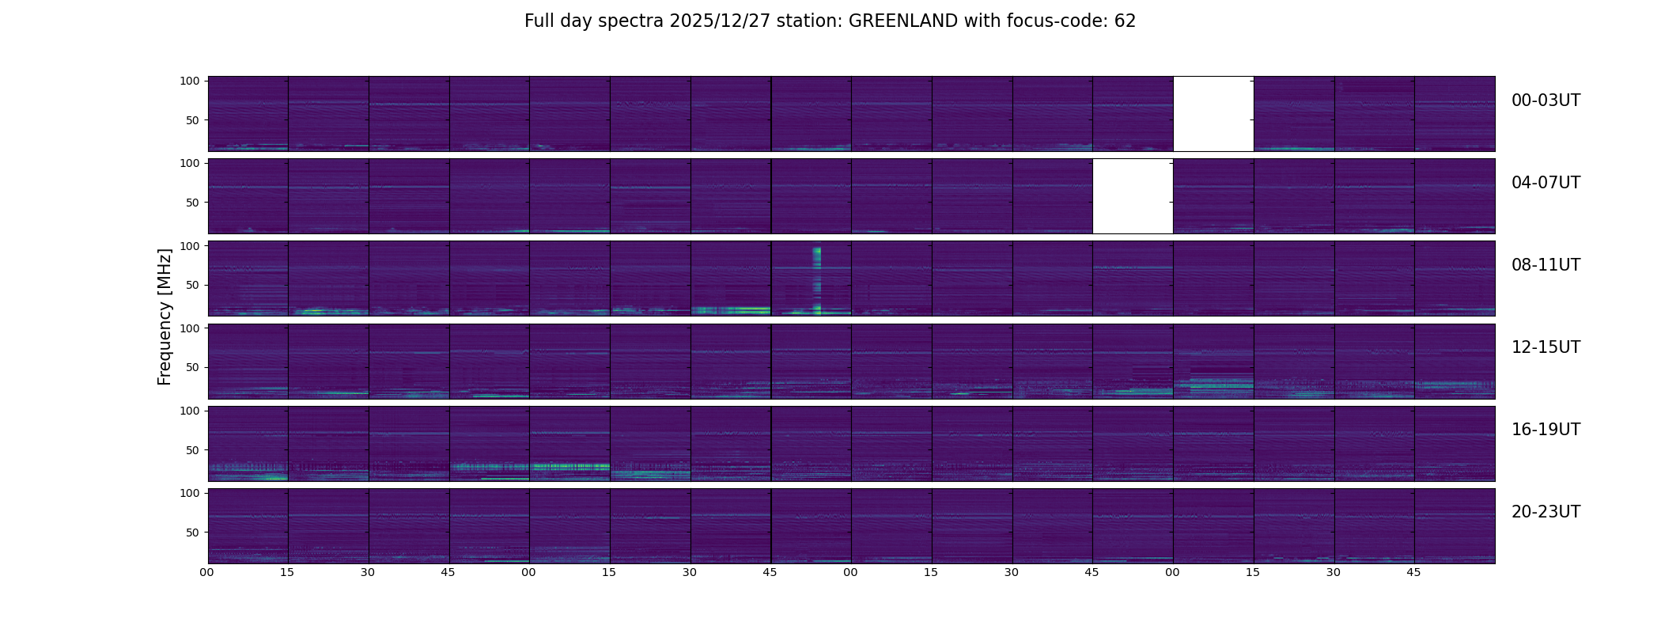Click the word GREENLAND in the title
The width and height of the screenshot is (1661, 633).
tap(903, 21)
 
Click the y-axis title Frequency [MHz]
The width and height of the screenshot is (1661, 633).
tap(165, 316)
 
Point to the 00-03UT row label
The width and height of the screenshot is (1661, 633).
tap(1546, 100)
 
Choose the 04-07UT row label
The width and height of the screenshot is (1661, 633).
tap(1546, 183)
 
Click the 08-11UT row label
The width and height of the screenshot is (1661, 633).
tap(1546, 265)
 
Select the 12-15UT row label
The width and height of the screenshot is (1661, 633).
tap(1546, 347)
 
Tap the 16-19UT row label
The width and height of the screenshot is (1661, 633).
tap(1546, 430)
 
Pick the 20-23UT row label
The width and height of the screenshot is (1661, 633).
tap(1546, 512)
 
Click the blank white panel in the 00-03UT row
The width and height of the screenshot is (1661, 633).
tap(1213, 114)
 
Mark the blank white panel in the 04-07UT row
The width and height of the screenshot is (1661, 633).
tap(1133, 196)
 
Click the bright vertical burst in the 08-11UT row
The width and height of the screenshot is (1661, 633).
tap(817, 281)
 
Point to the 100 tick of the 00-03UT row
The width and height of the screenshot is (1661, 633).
tap(191, 81)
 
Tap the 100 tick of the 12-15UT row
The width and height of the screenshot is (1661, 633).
tap(191, 328)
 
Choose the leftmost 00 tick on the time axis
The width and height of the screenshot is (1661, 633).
tap(207, 572)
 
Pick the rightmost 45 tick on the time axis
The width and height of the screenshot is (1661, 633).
tap(1414, 572)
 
